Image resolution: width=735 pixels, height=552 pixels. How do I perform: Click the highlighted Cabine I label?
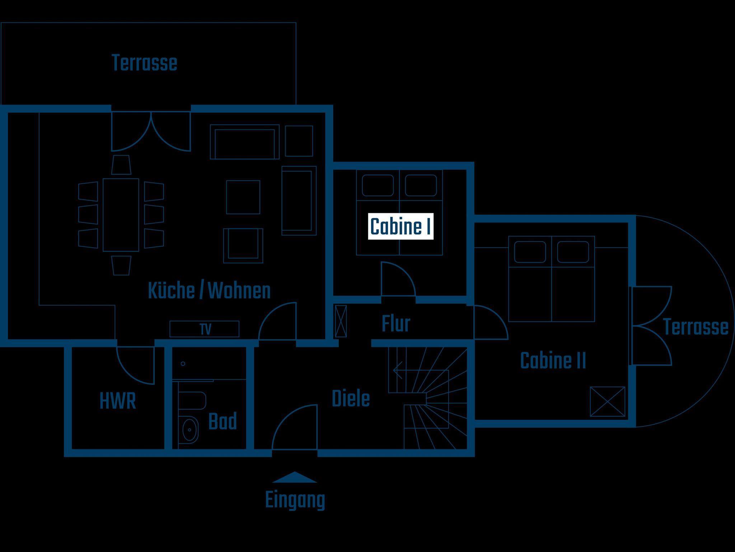[401, 226]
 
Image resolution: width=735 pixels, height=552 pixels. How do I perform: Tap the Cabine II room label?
[553, 361]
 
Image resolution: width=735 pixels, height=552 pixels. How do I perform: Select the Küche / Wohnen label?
[209, 291]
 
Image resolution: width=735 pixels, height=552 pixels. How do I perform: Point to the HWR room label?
[118, 401]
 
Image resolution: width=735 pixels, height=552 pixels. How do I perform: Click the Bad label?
[223, 421]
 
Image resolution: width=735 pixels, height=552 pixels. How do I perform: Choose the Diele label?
[351, 399]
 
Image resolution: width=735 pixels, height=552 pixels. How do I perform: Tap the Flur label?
[396, 324]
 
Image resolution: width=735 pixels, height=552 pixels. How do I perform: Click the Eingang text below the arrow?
[295, 500]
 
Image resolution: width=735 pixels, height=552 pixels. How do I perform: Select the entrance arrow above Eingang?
[295, 477]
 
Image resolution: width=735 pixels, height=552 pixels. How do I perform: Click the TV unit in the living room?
[204, 329]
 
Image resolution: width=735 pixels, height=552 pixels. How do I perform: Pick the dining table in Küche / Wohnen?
[121, 215]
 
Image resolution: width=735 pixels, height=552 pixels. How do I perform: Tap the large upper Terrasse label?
[144, 63]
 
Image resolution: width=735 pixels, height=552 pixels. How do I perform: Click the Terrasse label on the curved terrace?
[696, 327]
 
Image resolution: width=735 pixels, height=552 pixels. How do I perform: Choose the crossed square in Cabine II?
[608, 401]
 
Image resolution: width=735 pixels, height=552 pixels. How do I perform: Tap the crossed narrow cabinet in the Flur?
[341, 321]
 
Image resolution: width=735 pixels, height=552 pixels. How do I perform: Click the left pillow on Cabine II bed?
[530, 252]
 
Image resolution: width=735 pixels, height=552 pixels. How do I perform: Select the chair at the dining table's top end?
[121, 165]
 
